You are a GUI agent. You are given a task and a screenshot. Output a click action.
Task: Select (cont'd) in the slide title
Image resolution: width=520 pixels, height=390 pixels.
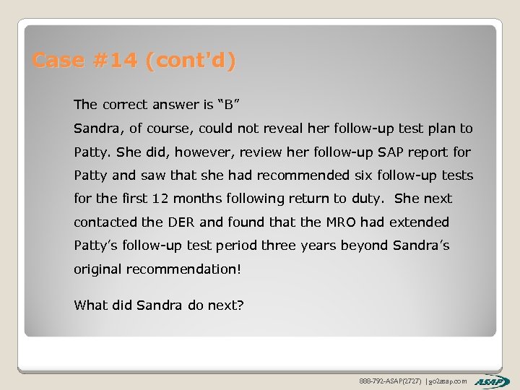pyautogui.click(x=190, y=61)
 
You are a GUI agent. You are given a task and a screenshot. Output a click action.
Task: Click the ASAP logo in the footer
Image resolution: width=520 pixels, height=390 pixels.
pyautogui.click(x=493, y=381)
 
